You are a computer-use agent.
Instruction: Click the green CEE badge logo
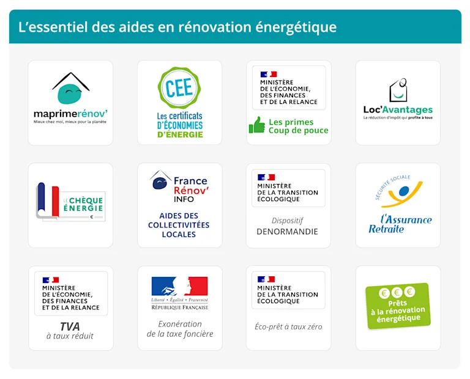click(179, 88)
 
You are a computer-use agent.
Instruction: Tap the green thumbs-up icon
click(256, 125)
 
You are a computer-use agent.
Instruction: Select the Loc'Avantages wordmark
click(398, 110)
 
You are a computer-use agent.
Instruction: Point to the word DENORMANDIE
click(288, 232)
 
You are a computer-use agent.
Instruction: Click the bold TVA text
click(70, 326)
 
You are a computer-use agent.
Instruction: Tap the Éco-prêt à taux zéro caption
click(288, 326)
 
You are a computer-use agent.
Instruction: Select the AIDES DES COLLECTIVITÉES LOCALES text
click(179, 225)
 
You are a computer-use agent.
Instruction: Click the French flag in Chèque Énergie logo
click(48, 200)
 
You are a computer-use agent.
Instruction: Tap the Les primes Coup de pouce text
click(298, 126)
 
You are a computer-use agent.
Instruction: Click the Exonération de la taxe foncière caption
click(180, 329)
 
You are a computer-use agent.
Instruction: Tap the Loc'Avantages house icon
click(398, 90)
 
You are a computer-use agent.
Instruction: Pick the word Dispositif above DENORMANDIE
click(288, 221)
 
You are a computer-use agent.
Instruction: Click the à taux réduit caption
click(70, 336)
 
